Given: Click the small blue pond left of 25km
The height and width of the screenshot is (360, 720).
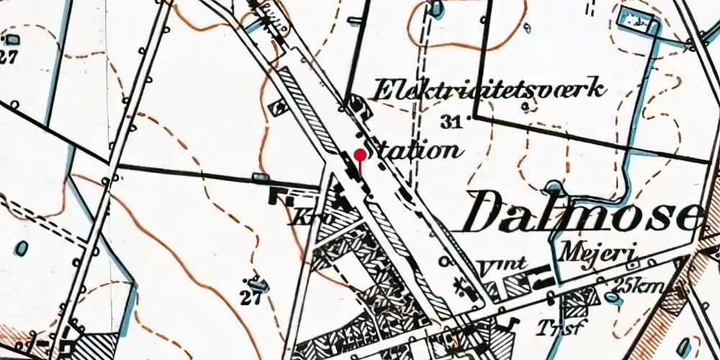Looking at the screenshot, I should pos(611,297).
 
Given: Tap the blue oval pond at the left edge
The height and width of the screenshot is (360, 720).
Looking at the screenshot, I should pos(22,248).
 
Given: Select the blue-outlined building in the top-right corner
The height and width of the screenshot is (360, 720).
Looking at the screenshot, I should pos(638,22).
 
